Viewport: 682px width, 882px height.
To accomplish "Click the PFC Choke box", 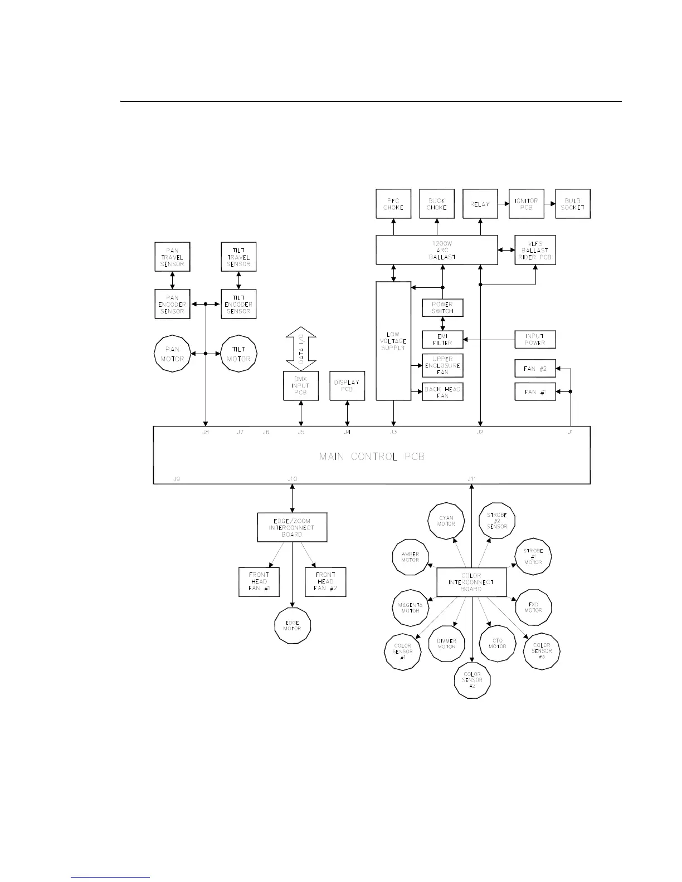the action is tap(393, 204).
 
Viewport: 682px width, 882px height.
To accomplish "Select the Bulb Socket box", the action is tap(573, 204).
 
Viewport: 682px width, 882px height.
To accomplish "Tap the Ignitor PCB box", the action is tap(526, 204).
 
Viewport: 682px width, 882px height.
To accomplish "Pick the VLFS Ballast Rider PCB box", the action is tap(535, 250).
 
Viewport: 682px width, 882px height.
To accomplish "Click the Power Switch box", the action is tap(442, 307).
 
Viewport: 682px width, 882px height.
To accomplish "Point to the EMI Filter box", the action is tap(442, 339).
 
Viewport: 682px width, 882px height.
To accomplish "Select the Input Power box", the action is tap(535, 339).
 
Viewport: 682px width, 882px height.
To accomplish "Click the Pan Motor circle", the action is tap(172, 354).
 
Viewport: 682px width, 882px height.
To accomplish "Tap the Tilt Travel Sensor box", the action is tap(238, 257).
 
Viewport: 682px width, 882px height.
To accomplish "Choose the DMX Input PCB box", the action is tap(301, 385).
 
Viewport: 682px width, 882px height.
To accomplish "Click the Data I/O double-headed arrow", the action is tap(301, 350).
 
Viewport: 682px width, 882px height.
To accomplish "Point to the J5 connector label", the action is tap(301, 432).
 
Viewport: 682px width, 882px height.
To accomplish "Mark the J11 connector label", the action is tap(472, 479).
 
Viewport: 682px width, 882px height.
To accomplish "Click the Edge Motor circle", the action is tap(293, 625).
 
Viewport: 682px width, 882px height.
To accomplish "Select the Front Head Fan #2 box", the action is tap(325, 582).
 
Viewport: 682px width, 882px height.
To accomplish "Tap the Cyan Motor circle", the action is tap(446, 521).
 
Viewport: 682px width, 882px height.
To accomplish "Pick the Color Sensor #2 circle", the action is tap(472, 680).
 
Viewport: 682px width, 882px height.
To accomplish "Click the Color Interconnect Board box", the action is tap(471, 582).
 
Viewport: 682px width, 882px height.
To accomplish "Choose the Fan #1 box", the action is tap(535, 392).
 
